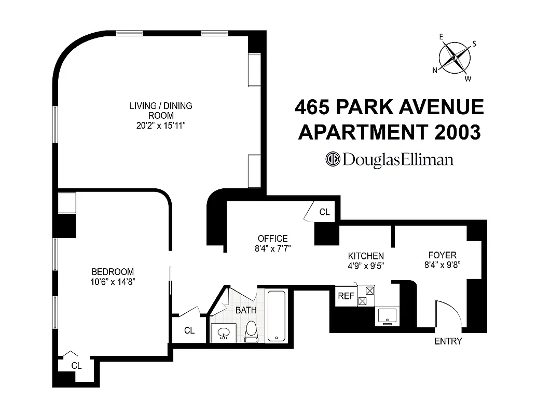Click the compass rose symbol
click(455, 58)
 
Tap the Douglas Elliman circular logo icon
click(332, 159)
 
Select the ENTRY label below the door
click(448, 341)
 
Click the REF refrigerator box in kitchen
click(346, 296)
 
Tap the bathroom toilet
click(251, 332)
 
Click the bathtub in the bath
click(277, 315)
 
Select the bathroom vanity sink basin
click(224, 333)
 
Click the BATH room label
click(246, 310)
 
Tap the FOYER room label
click(442, 255)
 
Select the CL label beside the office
click(324, 212)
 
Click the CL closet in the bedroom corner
click(76, 365)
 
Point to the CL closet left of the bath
click(189, 330)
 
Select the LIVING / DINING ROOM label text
click(161, 110)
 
